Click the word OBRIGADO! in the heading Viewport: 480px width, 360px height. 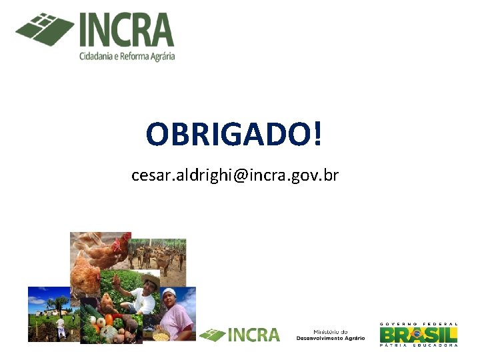tap(234, 134)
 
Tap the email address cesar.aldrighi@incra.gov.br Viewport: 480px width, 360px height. tap(235, 175)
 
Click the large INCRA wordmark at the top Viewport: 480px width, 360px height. tap(127, 30)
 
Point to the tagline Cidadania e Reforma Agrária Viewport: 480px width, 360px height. tap(127, 57)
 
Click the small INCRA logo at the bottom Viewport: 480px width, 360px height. tap(240, 334)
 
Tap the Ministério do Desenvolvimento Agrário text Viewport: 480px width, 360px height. tap(331, 335)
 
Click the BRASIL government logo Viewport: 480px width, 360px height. tap(419, 333)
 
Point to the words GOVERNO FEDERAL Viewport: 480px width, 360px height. tap(419, 323)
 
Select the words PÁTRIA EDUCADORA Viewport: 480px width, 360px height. tap(419, 345)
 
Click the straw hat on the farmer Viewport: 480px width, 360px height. tap(150, 279)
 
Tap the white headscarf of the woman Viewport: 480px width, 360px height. tap(170, 293)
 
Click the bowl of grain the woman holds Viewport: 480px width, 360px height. tap(161, 335)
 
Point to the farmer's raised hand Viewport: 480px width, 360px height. tap(119, 280)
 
